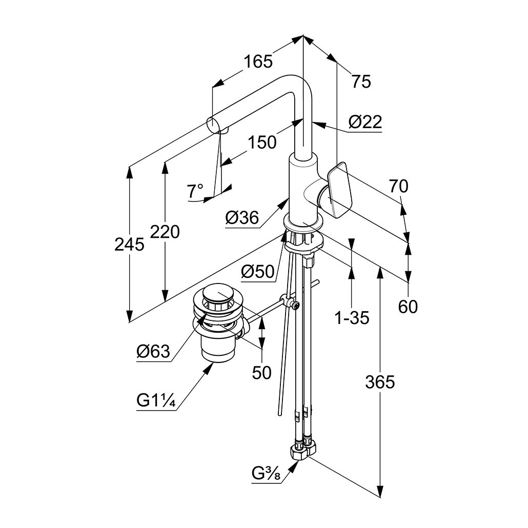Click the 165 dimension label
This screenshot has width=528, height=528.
258,62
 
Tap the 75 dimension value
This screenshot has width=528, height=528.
361,81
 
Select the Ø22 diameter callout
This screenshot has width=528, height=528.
365,122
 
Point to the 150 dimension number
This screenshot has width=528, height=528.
262,142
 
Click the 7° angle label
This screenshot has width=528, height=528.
195,191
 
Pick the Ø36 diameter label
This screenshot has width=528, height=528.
241,218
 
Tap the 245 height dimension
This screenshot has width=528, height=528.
129,245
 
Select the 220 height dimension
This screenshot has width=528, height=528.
165,232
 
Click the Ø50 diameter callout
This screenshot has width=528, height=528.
258,272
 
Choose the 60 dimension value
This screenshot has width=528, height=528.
409,307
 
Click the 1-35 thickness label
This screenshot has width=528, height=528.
352,318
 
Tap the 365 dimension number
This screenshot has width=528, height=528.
380,382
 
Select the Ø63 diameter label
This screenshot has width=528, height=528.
153,352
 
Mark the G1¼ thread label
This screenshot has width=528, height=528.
156,401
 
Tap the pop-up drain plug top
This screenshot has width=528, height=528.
219,295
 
